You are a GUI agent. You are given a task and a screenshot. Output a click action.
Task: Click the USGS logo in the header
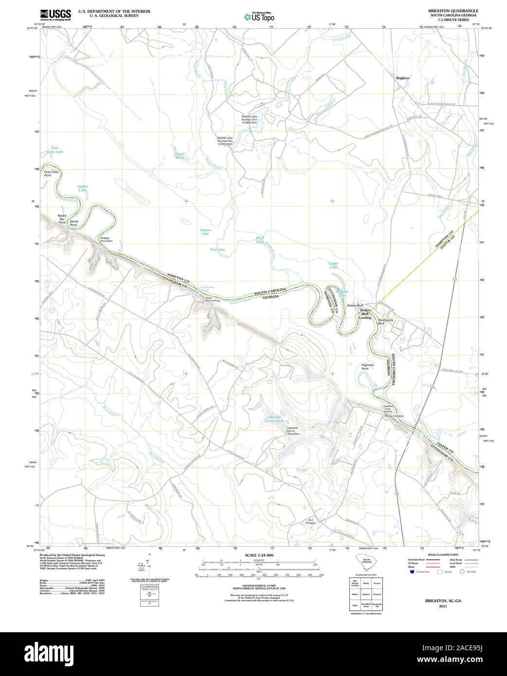tap(55, 14)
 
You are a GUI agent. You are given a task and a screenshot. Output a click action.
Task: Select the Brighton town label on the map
tap(403, 78)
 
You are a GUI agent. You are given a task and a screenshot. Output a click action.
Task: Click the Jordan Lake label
tap(82, 188)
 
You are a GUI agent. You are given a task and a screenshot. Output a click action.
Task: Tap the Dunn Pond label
tap(180, 156)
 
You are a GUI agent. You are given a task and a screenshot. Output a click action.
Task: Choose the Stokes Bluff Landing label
tap(365, 314)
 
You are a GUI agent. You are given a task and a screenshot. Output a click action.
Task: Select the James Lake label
tap(205, 232)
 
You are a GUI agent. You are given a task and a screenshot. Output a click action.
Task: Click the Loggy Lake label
tap(333, 265)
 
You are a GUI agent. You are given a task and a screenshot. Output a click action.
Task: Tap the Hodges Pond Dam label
tap(106, 239)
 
